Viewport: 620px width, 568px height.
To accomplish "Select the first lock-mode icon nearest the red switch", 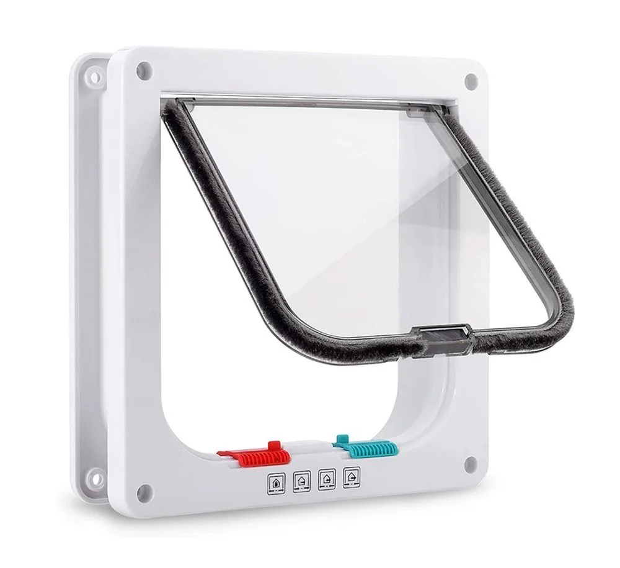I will [275, 482].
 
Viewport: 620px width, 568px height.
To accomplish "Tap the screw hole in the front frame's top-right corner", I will [471, 79].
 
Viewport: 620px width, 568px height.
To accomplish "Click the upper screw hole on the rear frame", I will [95, 77].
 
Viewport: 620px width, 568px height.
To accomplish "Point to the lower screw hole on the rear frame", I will [95, 476].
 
